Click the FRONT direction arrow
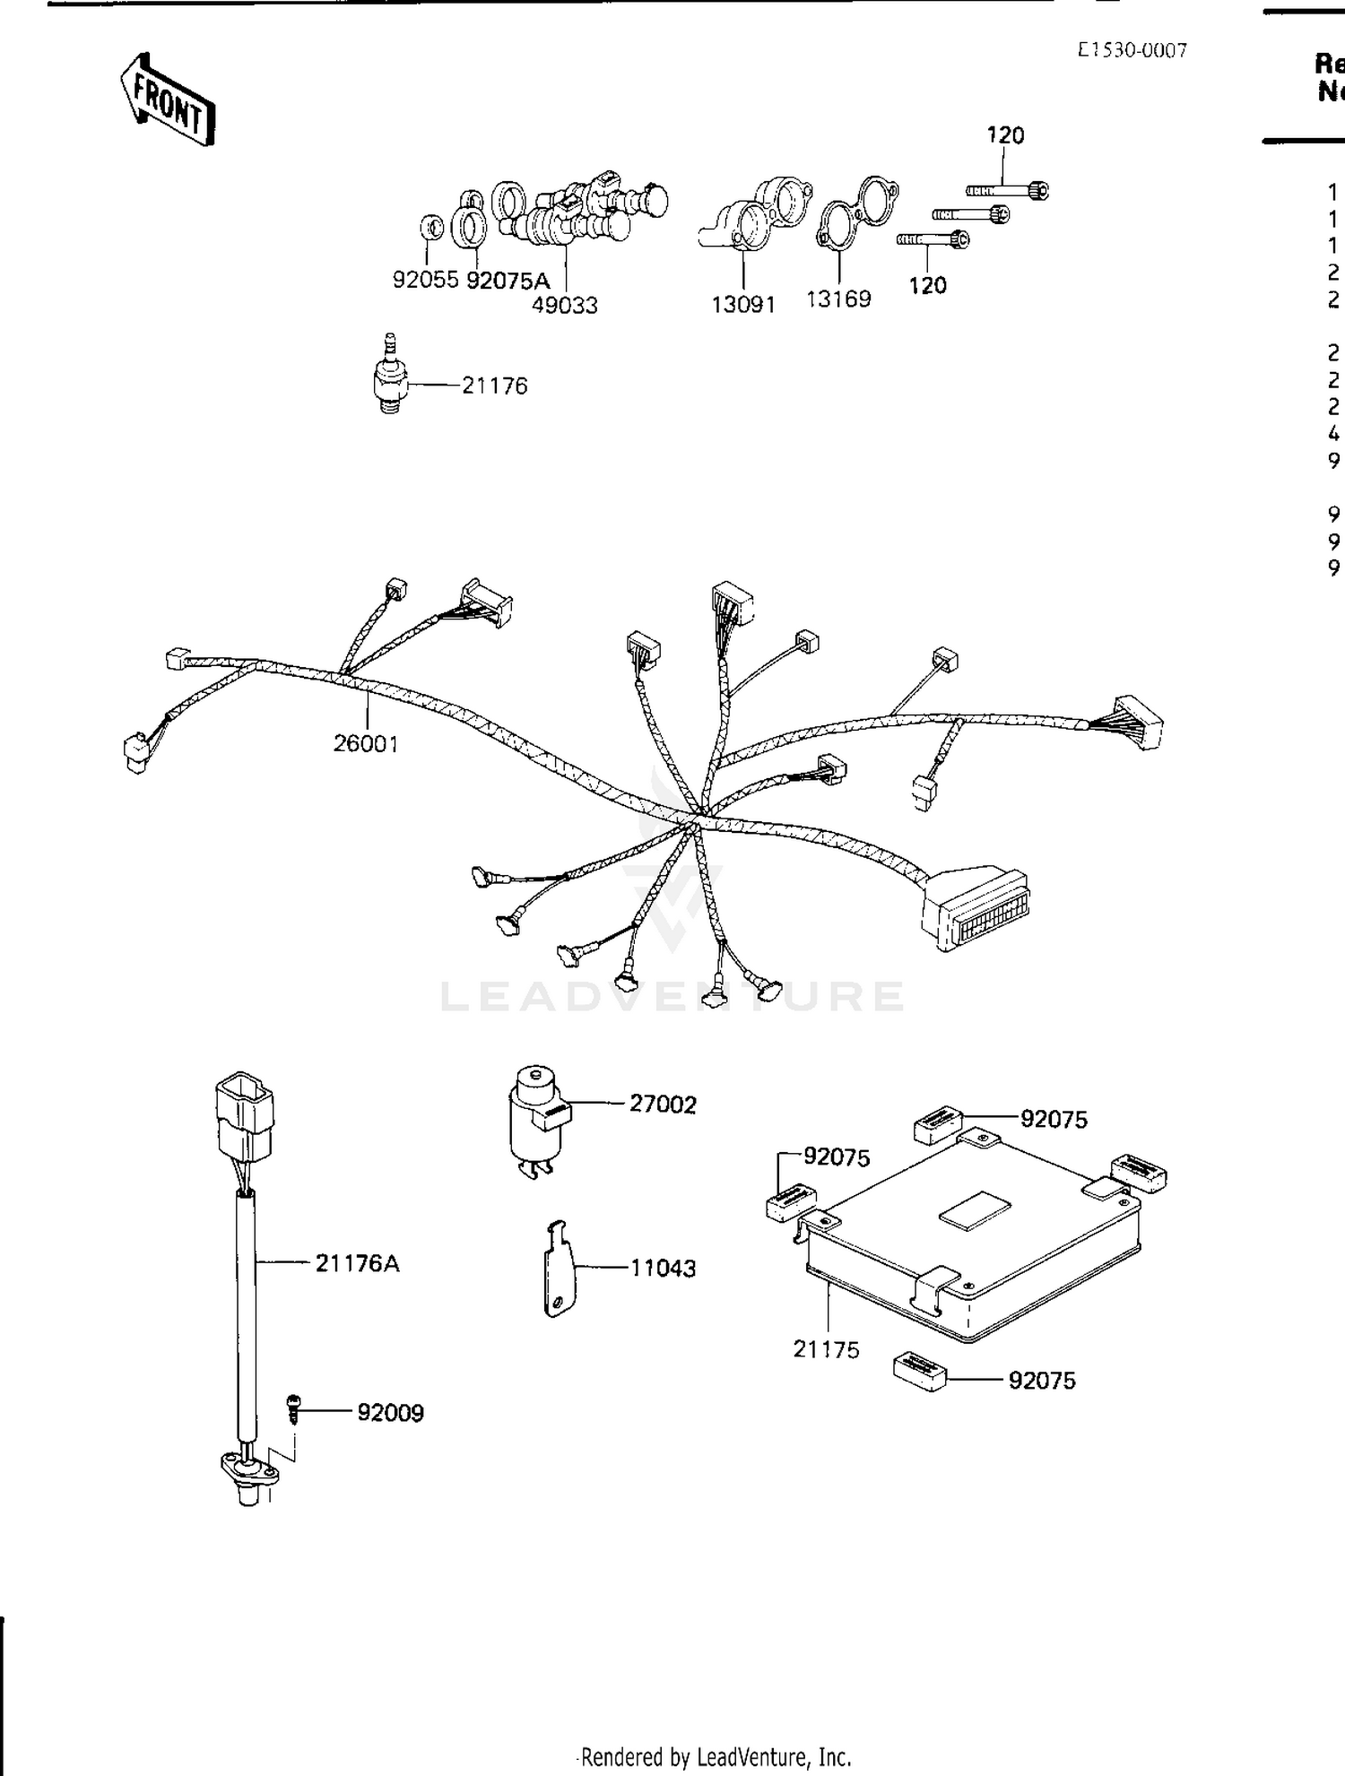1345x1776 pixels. [168, 100]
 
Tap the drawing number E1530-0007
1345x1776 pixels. [1132, 51]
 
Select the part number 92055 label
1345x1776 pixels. [425, 280]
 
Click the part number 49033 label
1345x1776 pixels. [564, 305]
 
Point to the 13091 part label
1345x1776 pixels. [742, 304]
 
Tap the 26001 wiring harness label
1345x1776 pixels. [365, 743]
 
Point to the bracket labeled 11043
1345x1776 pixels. [560, 1268]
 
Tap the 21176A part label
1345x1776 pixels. [357, 1263]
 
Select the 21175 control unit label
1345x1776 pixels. [826, 1348]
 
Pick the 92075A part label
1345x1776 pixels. [508, 280]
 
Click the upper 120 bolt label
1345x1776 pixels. [1005, 135]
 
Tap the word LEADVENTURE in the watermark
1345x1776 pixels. [672, 996]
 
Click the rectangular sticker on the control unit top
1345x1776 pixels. [975, 1210]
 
